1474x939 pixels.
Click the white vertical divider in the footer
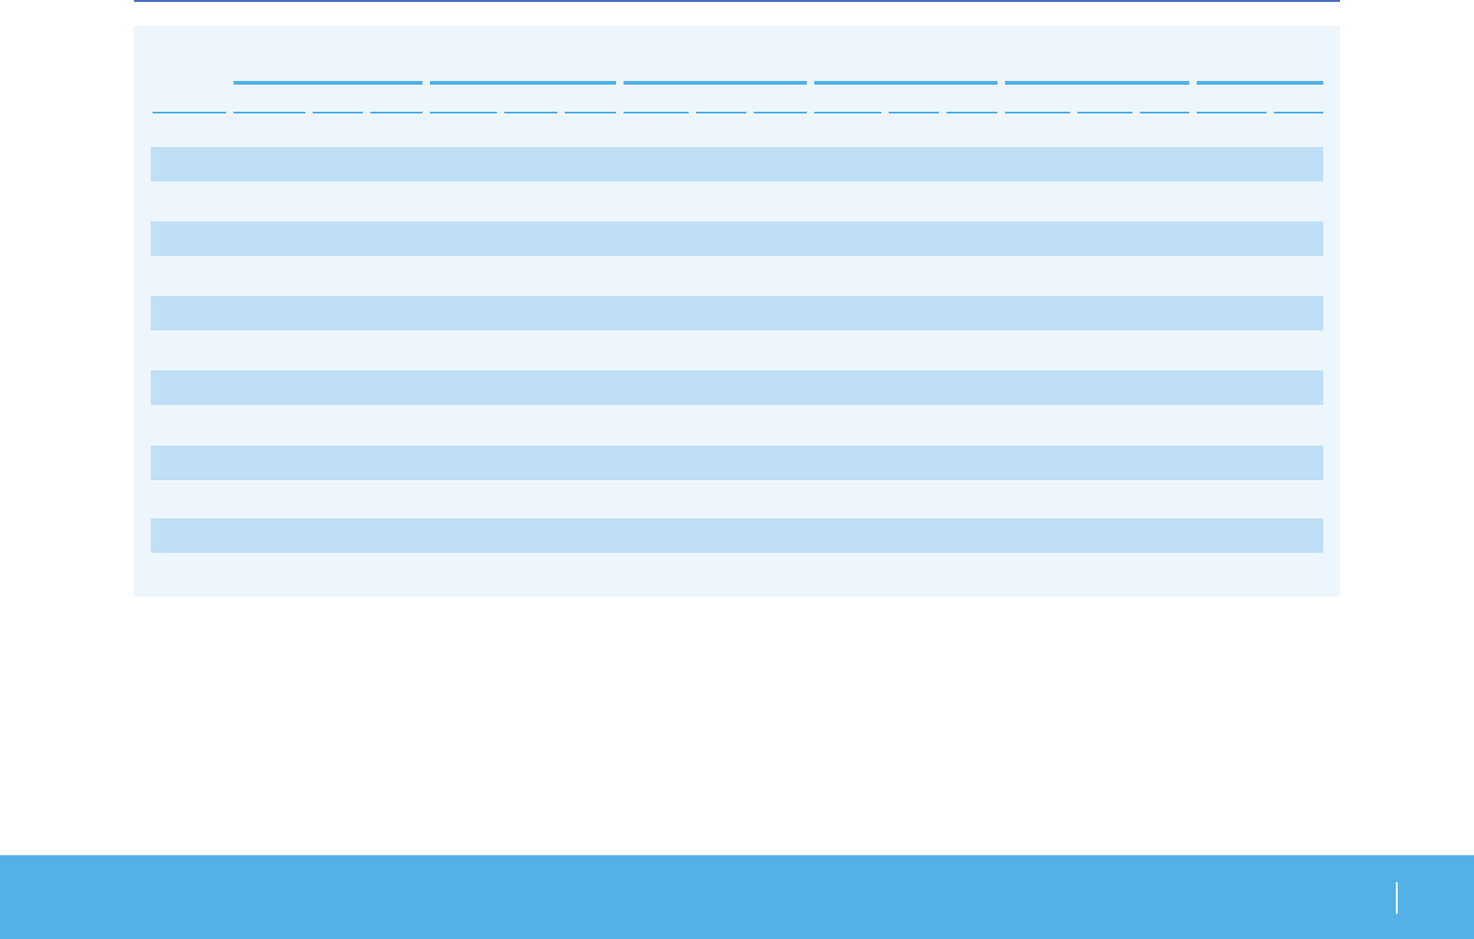(x=1397, y=898)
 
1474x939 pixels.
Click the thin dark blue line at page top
(x=736, y=1)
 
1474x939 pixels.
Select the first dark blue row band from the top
(x=736, y=164)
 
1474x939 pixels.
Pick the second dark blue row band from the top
(x=736, y=238)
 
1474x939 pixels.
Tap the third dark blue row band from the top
(x=736, y=313)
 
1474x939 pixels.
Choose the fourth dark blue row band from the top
(x=736, y=387)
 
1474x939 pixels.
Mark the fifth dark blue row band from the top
(x=736, y=463)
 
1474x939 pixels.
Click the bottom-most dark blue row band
(x=736, y=535)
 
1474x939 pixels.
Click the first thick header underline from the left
(x=328, y=83)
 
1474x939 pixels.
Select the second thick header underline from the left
(x=523, y=83)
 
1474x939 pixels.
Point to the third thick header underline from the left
(x=715, y=83)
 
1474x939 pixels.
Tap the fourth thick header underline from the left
(x=905, y=83)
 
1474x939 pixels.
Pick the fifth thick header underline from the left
(x=1097, y=83)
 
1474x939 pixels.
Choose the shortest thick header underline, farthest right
(x=1259, y=83)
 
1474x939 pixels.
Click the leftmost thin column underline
(x=189, y=113)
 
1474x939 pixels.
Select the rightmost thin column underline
(x=1298, y=113)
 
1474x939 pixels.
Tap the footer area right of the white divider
(x=1435, y=898)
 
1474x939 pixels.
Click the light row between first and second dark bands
(x=736, y=201)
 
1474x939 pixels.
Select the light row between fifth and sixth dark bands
(x=736, y=499)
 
